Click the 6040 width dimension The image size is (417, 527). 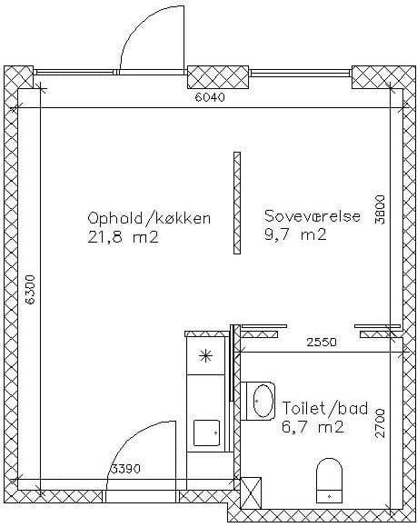pyautogui.click(x=210, y=97)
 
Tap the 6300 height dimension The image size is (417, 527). pyautogui.click(x=31, y=290)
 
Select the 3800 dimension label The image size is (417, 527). pyautogui.click(x=380, y=209)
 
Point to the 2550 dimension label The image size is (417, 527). pyautogui.click(x=322, y=343)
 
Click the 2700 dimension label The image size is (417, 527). pyautogui.click(x=380, y=423)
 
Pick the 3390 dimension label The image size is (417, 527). pyautogui.click(x=125, y=469)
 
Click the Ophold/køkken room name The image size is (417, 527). pyautogui.click(x=149, y=218)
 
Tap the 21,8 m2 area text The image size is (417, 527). pyautogui.click(x=123, y=238)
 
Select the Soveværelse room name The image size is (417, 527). pyautogui.click(x=313, y=215)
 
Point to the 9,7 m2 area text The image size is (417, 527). pyautogui.click(x=295, y=234)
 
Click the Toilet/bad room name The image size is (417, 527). pyautogui.click(x=324, y=408)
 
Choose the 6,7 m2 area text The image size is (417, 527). pyautogui.click(x=313, y=427)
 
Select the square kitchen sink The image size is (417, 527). pyautogui.click(x=206, y=433)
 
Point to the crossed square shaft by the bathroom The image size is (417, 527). pyautogui.click(x=251, y=493)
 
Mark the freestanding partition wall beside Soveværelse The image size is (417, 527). pyautogui.click(x=237, y=203)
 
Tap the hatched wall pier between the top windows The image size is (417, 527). pyautogui.click(x=218, y=77)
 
